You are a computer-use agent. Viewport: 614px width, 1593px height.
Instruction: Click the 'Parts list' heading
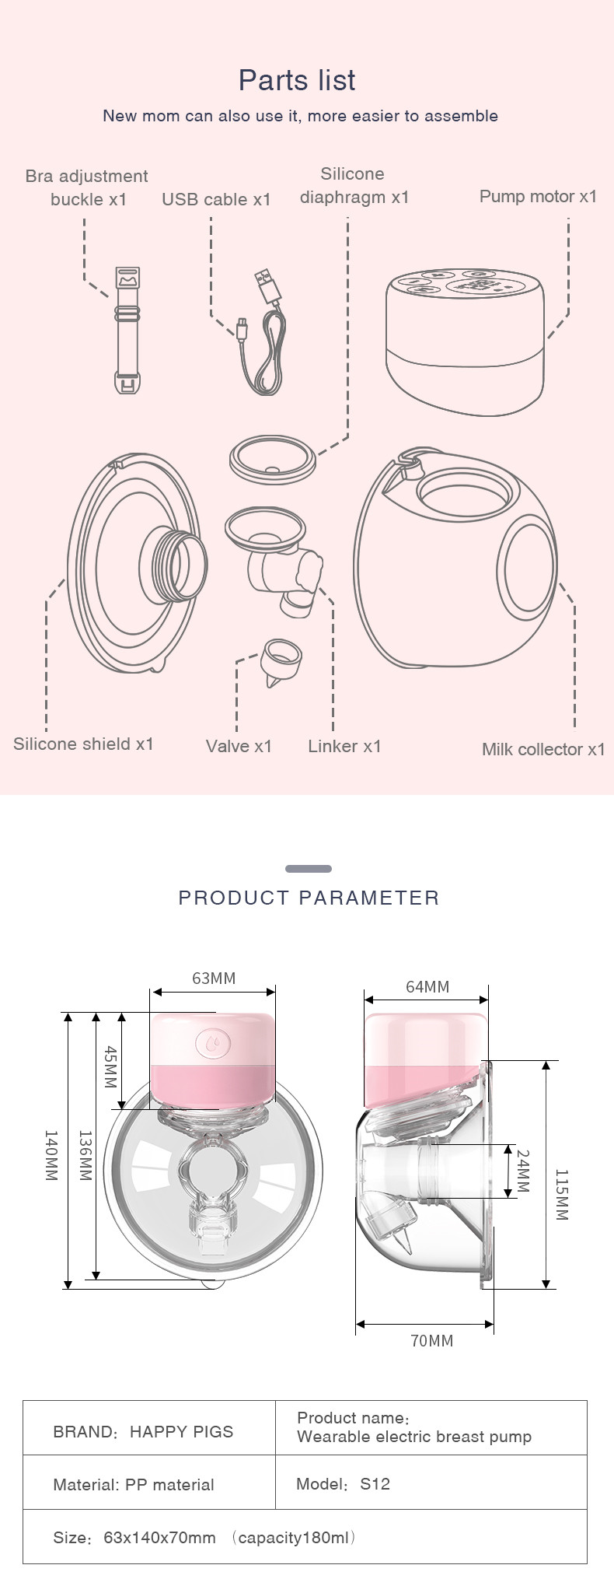click(297, 80)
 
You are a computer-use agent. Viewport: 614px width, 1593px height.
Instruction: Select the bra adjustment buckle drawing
click(128, 329)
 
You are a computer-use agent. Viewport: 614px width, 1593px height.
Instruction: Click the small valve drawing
click(282, 663)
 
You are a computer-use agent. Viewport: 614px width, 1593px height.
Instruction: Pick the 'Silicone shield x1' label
click(84, 744)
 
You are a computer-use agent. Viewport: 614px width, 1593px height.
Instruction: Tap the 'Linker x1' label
click(345, 746)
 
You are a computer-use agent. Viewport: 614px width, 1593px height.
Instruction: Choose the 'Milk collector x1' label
click(543, 749)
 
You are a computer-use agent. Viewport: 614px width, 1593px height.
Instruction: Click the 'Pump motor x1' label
click(539, 196)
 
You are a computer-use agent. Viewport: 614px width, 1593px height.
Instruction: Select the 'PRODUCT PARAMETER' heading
click(309, 898)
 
